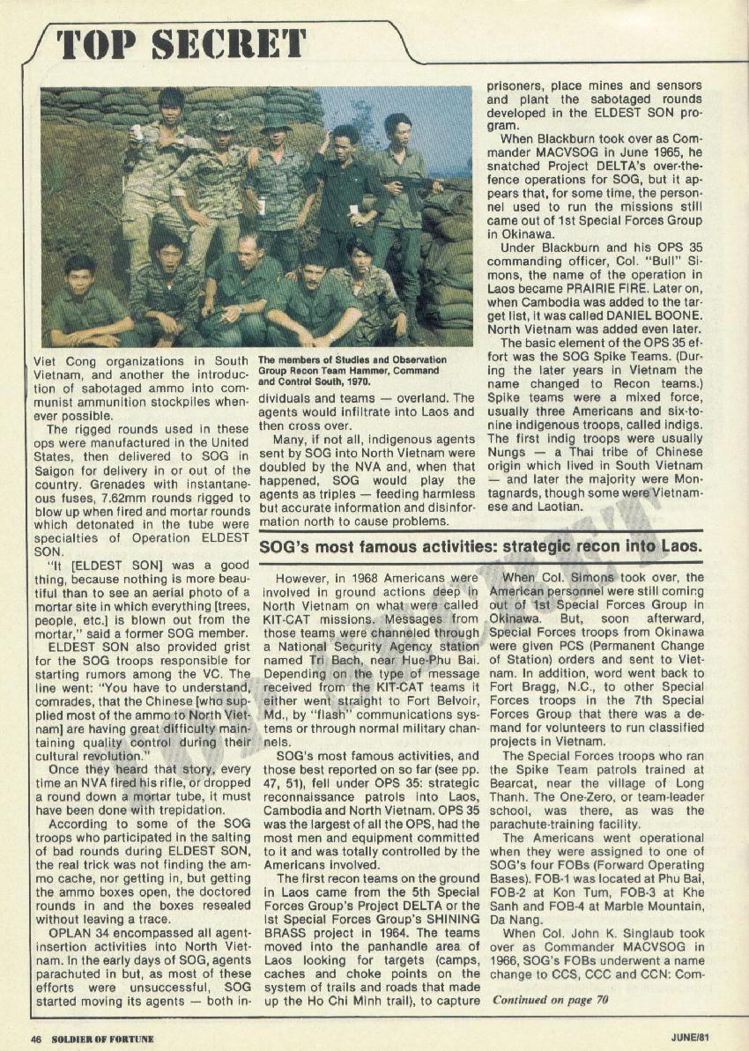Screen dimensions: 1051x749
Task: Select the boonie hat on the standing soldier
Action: pyautogui.click(x=276, y=121)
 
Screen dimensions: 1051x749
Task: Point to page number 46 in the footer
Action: pyautogui.click(x=37, y=1038)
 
